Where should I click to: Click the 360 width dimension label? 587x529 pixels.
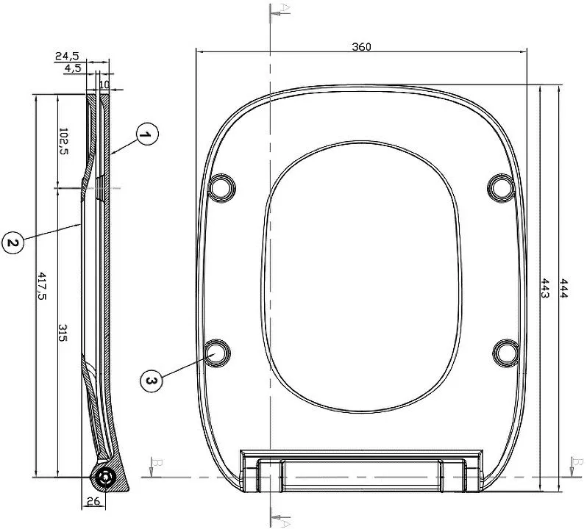point(361,47)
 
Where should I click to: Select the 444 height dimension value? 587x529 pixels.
point(563,288)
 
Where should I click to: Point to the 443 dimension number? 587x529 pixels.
point(544,288)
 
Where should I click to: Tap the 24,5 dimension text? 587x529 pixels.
point(67,56)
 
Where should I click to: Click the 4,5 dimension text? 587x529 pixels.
point(73,68)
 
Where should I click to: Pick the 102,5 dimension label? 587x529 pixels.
point(63,141)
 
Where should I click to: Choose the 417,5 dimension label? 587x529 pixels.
point(41,286)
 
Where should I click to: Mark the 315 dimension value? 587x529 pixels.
point(63,332)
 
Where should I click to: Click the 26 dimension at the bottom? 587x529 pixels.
point(93,500)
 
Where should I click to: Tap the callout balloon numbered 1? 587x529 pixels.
point(147,134)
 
